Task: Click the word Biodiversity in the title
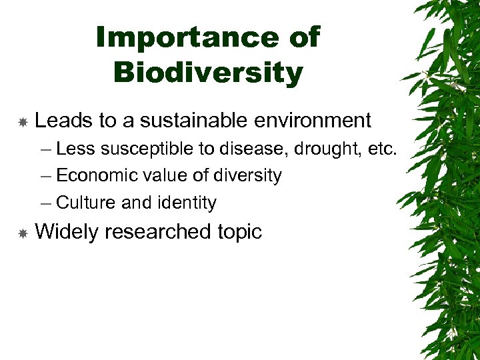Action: pos(208,72)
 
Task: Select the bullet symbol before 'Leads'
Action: pos(22,122)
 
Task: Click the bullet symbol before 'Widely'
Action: pos(22,233)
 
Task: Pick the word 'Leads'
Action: pos(64,121)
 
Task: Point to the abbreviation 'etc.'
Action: pos(382,149)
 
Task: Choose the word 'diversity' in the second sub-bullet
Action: pos(247,176)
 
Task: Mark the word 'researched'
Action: pos(157,232)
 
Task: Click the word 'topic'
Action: pos(239,232)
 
